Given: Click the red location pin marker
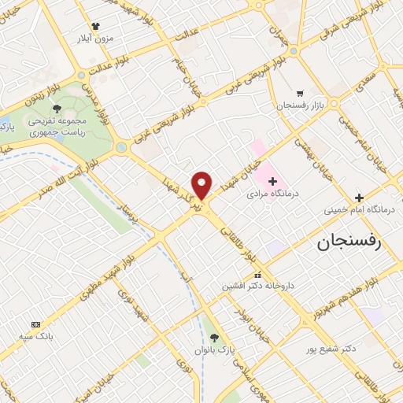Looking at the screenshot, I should [202, 185].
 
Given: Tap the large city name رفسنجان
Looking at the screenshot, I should [349, 242].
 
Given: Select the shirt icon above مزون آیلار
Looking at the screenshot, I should [95, 26].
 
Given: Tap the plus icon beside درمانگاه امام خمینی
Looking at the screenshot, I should [359, 198].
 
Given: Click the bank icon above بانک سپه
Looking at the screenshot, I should [35, 324].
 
